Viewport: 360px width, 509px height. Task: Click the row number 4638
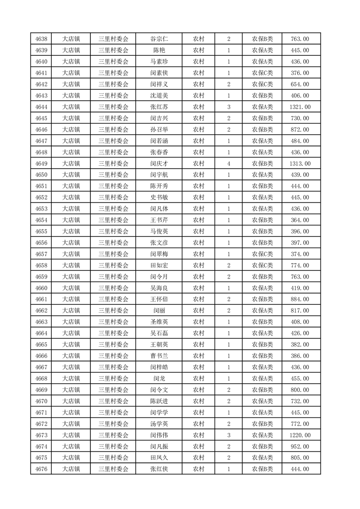click(41, 39)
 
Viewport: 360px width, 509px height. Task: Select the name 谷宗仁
click(159, 39)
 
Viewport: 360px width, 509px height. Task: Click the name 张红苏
click(159, 107)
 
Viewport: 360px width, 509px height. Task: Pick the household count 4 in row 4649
click(228, 164)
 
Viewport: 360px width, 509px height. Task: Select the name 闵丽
click(159, 311)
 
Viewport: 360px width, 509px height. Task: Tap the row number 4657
click(41, 254)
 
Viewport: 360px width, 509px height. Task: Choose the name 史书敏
click(159, 197)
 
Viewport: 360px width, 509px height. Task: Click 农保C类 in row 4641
click(262, 73)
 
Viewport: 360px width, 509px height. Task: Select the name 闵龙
click(159, 378)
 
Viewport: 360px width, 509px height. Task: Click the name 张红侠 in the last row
click(159, 469)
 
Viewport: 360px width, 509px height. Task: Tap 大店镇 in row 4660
click(71, 288)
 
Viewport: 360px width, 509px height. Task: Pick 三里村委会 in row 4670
click(113, 401)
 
